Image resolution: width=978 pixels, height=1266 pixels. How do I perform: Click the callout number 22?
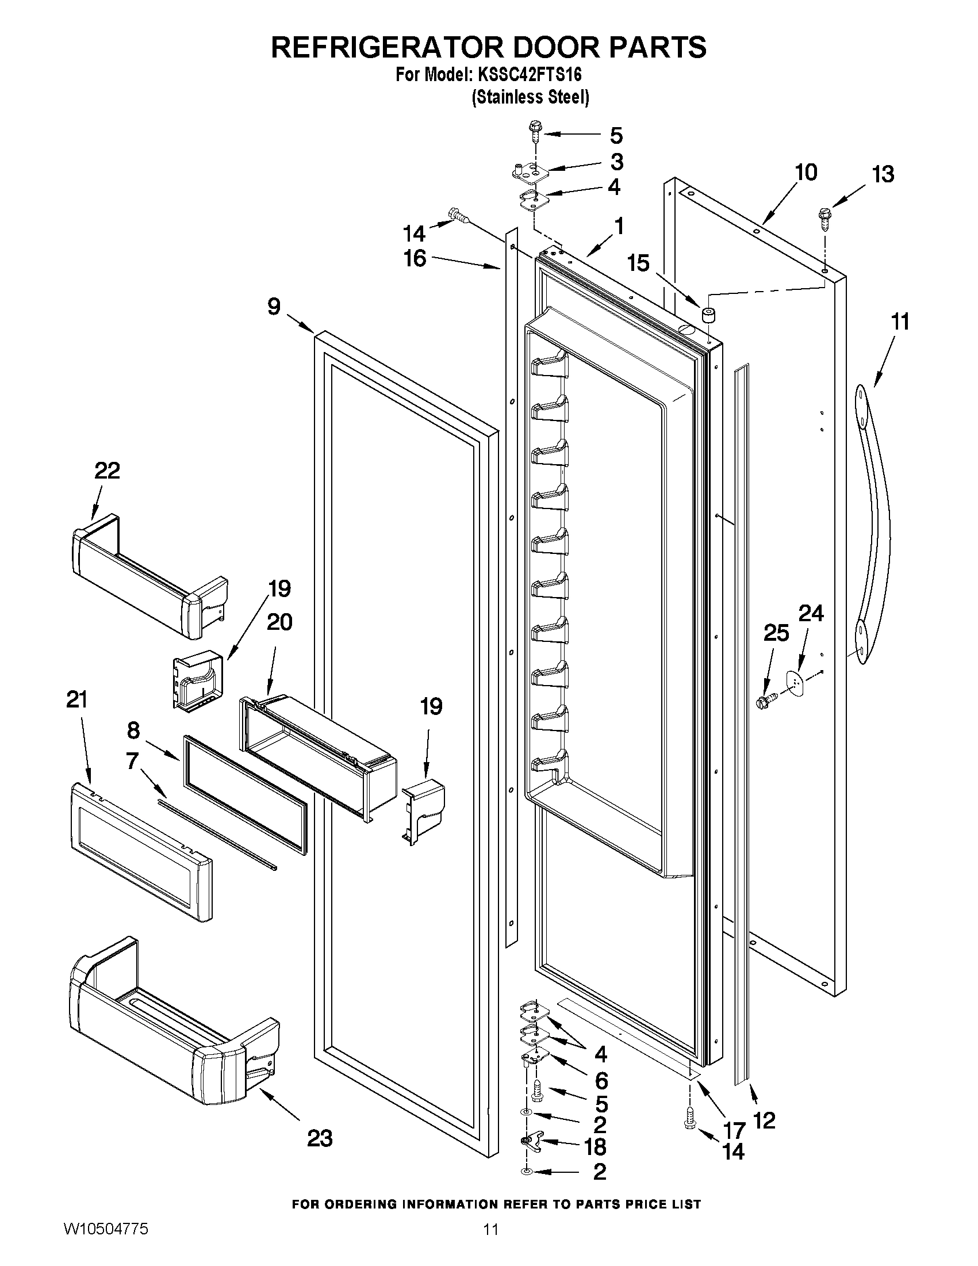point(107,470)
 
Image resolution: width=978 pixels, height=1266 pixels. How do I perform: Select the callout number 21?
point(76,699)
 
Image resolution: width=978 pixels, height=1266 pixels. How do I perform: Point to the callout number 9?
point(274,306)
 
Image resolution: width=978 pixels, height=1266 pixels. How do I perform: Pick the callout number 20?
point(279,622)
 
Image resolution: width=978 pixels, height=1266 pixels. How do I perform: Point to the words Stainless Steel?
point(531,97)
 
